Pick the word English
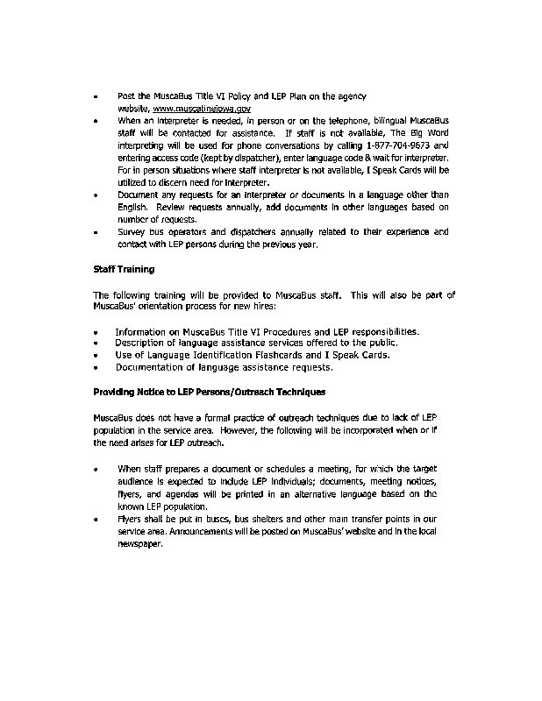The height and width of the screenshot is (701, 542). point(135,207)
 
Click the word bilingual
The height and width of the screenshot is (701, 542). point(386,119)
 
